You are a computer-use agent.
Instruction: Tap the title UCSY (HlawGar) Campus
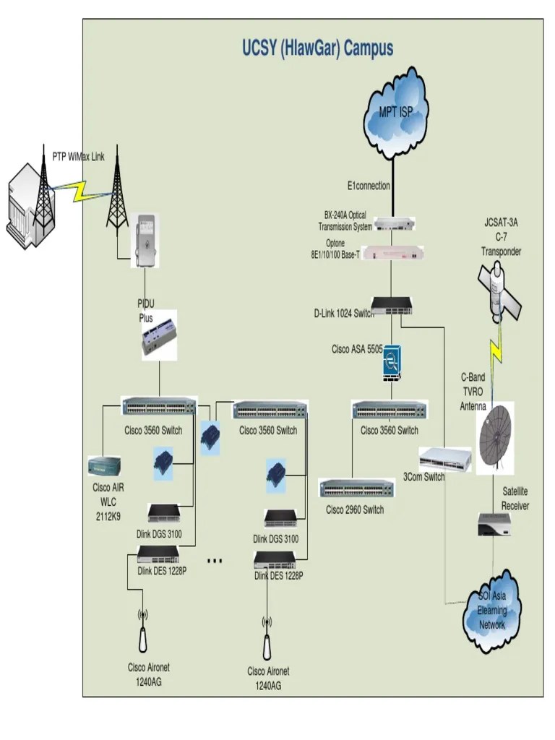[x=318, y=48]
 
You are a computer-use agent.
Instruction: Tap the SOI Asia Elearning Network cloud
[x=492, y=611]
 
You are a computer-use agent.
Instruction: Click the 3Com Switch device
[x=444, y=458]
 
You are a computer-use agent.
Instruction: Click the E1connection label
[x=369, y=186]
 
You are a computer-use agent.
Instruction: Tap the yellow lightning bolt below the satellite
[x=496, y=353]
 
